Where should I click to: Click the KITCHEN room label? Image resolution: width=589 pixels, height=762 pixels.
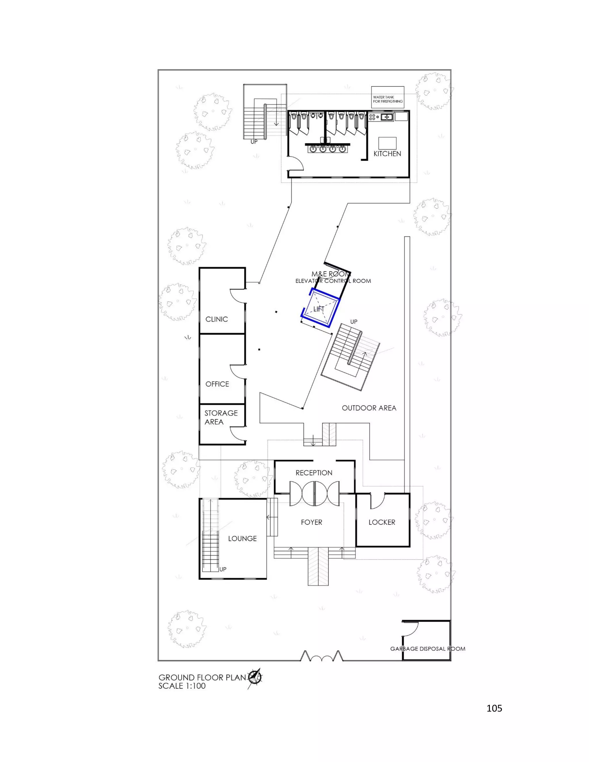[387, 154]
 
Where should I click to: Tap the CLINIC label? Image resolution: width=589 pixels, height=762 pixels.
[216, 319]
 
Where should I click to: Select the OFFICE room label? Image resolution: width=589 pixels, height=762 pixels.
[217, 384]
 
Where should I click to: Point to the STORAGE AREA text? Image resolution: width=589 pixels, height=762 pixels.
[221, 417]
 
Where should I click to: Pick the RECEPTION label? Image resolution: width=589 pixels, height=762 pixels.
[314, 473]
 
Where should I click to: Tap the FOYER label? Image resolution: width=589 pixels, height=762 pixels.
[311, 522]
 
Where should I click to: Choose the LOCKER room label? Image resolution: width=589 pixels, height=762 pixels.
[382, 522]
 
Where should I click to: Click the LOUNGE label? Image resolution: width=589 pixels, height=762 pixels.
[242, 539]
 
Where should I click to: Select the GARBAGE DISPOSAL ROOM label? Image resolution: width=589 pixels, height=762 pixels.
[427, 649]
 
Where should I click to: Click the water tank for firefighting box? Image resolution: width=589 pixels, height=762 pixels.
[388, 97]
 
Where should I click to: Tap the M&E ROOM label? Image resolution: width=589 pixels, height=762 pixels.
[331, 274]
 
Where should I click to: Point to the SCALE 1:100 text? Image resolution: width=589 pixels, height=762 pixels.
[182, 686]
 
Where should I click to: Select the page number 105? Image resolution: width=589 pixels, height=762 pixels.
[494, 708]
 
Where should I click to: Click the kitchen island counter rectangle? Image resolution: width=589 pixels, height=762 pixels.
[388, 143]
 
